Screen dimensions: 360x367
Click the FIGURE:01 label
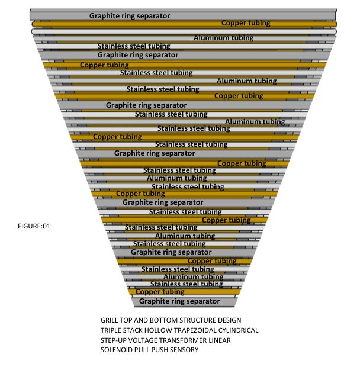pos(36,224)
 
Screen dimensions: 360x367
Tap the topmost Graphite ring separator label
pos(130,15)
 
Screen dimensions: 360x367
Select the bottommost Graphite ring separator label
pos(179,301)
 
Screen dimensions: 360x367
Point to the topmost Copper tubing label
pos(246,23)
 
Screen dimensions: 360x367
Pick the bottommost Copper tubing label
pos(160,292)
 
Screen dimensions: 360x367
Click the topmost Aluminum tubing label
pos(223,38)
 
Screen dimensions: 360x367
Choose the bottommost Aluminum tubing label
pos(193,276)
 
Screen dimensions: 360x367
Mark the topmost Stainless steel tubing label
pos(134,46)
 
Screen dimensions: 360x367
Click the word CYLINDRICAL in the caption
pos(238,330)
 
